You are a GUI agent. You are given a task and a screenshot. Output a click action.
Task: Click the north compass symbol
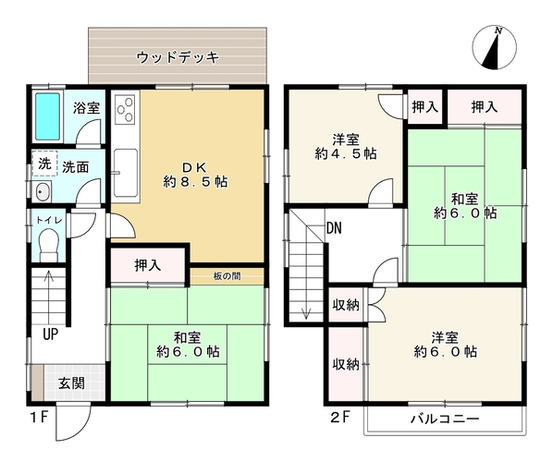click(495, 47)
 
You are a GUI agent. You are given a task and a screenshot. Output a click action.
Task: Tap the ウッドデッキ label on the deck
click(178, 57)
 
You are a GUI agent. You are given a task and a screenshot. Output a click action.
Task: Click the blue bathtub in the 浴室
click(47, 116)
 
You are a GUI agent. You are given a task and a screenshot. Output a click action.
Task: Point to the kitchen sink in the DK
click(126, 172)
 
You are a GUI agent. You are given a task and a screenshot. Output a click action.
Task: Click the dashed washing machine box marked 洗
click(44, 164)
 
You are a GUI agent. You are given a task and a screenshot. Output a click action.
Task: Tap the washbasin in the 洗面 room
click(42, 192)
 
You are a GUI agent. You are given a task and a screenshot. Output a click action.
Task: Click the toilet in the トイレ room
click(48, 244)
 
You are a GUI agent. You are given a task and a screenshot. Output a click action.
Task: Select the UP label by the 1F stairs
click(51, 334)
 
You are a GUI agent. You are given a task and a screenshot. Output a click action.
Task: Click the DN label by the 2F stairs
click(334, 228)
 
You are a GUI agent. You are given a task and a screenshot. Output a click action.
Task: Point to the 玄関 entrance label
click(72, 383)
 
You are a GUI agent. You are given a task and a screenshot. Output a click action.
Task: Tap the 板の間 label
click(227, 276)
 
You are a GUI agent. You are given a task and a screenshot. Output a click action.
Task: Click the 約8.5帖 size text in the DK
click(195, 182)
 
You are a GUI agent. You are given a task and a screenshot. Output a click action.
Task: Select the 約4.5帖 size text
click(346, 153)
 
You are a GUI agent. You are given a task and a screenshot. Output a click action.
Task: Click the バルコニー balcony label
click(445, 419)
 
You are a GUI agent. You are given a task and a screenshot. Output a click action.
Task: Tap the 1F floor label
click(39, 418)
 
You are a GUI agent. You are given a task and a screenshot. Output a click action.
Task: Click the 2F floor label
click(340, 418)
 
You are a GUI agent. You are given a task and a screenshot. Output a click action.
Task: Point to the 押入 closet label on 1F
click(148, 265)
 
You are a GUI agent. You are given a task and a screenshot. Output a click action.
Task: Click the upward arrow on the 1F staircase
click(48, 294)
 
